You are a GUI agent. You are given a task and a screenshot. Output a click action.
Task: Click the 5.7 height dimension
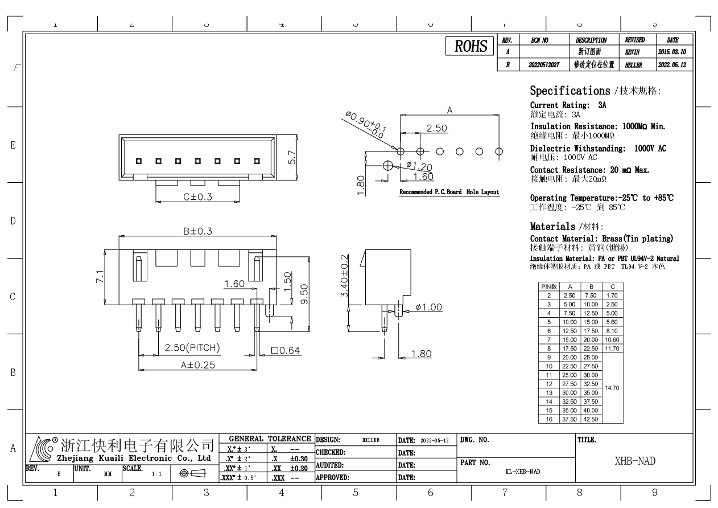coord(292,157)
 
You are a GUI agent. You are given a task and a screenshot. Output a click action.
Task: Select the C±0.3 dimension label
coord(197,197)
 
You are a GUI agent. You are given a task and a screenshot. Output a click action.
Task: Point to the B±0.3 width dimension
coord(197,231)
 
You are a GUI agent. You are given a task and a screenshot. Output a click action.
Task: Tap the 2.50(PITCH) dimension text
coord(192,348)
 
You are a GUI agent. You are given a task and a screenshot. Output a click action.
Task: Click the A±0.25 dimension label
coord(197,365)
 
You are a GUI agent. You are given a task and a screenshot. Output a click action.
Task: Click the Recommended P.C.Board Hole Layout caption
coord(449,192)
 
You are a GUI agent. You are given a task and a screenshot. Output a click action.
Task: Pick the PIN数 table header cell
coord(549,286)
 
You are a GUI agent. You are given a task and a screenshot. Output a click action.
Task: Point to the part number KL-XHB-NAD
coord(522,472)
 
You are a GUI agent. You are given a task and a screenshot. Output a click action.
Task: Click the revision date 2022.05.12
coord(674,65)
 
